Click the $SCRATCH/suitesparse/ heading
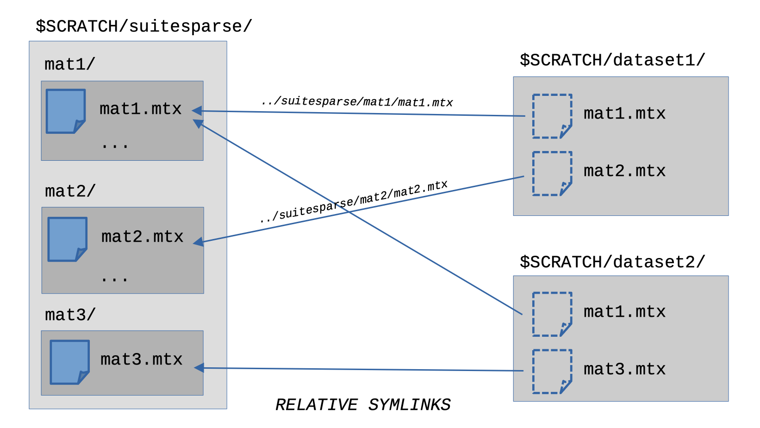[144, 26]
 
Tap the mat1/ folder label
[70, 64]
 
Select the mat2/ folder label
[70, 191]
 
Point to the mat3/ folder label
[70, 315]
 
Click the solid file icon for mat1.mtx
[66, 111]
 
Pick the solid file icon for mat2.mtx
[68, 239]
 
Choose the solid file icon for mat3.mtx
[69, 362]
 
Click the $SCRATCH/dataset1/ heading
[612, 60]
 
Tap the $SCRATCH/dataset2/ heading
[612, 262]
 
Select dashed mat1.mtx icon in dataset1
[552, 116]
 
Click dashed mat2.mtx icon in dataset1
[552, 173]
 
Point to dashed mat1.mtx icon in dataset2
[552, 314]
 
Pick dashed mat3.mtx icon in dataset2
[552, 371]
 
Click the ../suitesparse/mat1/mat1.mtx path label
[356, 101]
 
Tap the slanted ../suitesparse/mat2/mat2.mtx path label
[354, 202]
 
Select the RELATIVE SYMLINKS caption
[363, 405]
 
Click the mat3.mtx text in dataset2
[624, 369]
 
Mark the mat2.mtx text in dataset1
[624, 171]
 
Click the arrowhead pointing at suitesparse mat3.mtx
[199, 368]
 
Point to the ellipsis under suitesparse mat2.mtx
[114, 279]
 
